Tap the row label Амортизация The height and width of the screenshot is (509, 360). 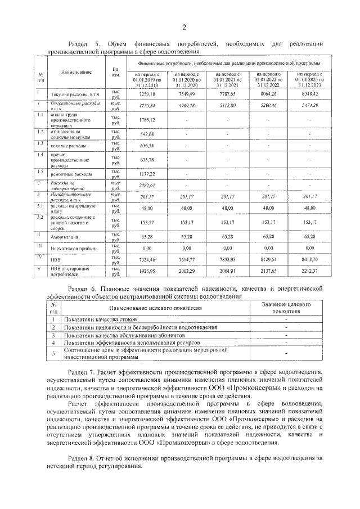coord(64,238)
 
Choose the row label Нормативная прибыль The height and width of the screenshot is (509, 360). coord(71,248)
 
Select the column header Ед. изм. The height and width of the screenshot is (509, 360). coord(116,72)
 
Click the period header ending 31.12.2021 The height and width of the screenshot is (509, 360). coord(228,80)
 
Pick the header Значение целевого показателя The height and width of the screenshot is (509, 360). coord(286,307)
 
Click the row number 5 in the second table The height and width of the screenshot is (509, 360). coord(53,353)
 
